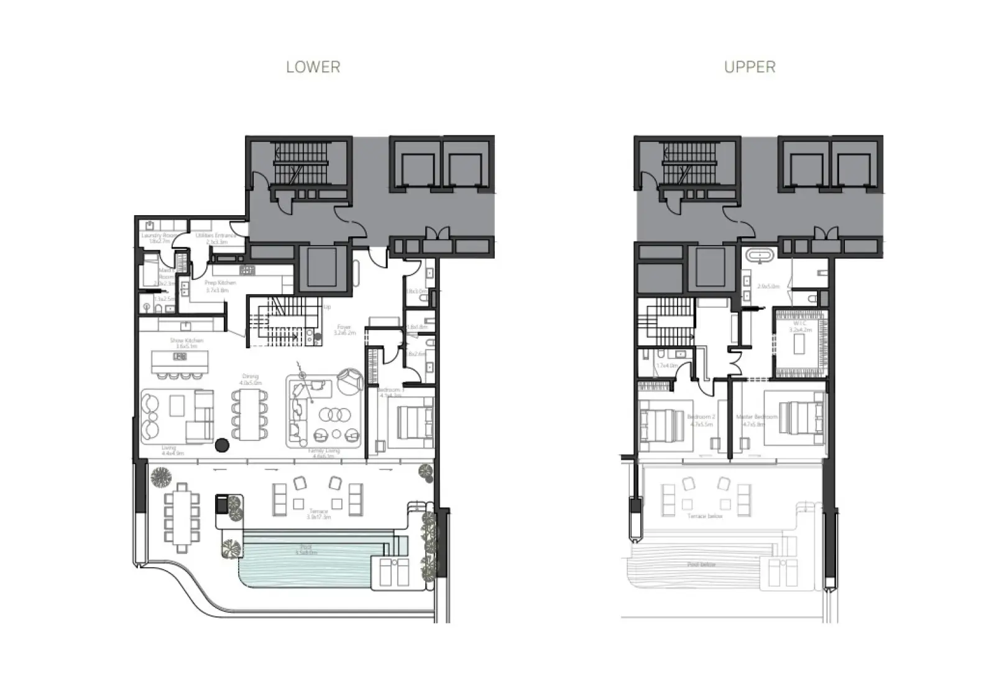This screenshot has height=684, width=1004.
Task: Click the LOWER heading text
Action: [313, 67]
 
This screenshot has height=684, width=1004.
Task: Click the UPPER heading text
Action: [750, 67]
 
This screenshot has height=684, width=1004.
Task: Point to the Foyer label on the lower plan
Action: [344, 330]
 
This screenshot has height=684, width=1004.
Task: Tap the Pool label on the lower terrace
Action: [305, 550]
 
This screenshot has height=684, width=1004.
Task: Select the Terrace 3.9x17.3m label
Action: [318, 514]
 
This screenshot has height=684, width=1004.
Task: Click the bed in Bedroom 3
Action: [411, 423]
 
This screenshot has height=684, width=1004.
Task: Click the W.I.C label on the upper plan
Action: [800, 326]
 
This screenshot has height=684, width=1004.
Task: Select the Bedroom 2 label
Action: [701, 420]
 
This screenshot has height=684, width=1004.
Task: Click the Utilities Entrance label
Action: [216, 238]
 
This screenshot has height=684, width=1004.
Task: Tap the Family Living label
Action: [321, 456]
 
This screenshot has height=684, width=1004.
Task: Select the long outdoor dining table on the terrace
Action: [182, 517]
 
